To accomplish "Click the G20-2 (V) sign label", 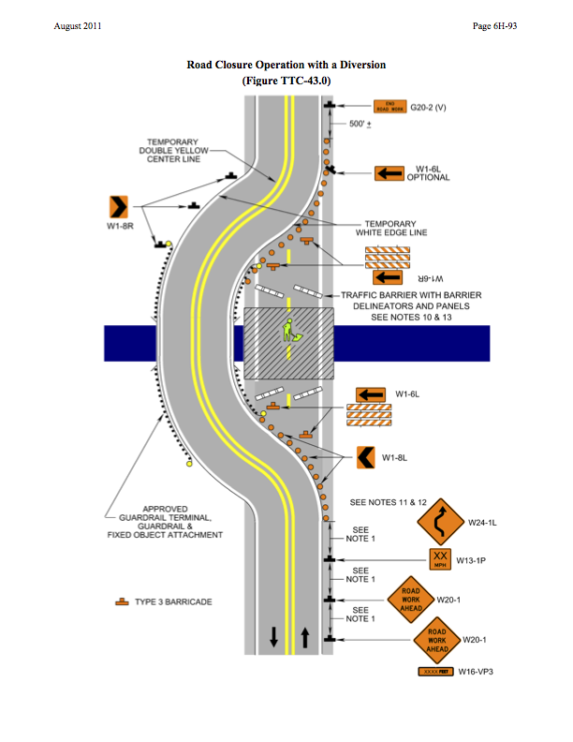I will point(428,108).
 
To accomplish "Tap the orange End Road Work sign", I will point(389,107).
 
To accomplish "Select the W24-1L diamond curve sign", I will point(442,522).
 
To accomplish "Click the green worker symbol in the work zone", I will point(291,332).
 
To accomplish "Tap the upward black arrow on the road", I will point(305,636).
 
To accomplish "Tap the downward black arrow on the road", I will point(273,636).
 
